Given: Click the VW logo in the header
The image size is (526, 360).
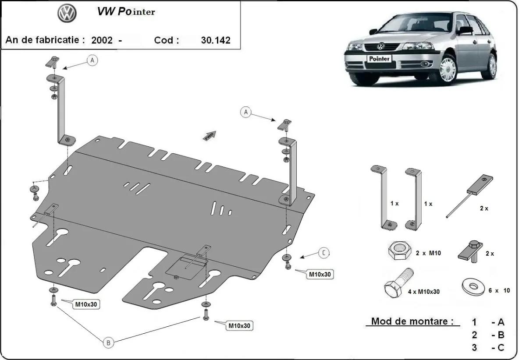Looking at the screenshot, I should [67, 14].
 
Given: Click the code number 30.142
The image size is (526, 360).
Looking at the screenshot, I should [215, 40].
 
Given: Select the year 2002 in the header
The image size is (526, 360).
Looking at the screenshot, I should [102, 40].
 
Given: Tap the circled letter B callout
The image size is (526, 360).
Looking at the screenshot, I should [108, 343].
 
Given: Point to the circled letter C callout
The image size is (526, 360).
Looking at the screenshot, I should [323, 252].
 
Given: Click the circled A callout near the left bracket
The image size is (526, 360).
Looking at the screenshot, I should [92, 60].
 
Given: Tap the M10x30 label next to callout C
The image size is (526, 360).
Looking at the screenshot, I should [320, 274].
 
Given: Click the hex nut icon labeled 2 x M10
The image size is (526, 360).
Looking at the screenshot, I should [399, 251].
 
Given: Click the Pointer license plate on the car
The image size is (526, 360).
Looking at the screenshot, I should [379, 58].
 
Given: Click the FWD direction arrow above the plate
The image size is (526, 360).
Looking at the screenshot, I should [209, 135].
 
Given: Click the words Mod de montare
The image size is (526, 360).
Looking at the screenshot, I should [412, 321].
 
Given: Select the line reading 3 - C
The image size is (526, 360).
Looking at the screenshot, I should [488, 347].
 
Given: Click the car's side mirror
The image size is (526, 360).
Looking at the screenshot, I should [465, 30].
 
